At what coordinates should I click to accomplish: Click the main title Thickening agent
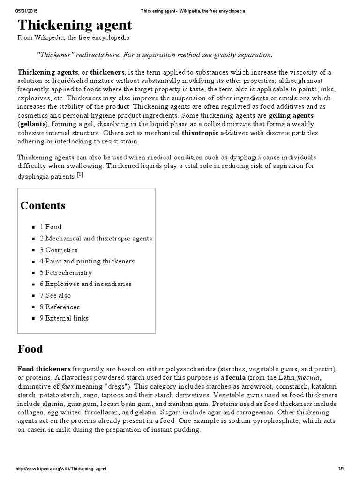[x=75, y=25]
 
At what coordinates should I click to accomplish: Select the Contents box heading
[x=43, y=205]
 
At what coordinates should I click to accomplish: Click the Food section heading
[x=30, y=349]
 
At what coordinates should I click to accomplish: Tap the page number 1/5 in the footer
[x=341, y=469]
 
